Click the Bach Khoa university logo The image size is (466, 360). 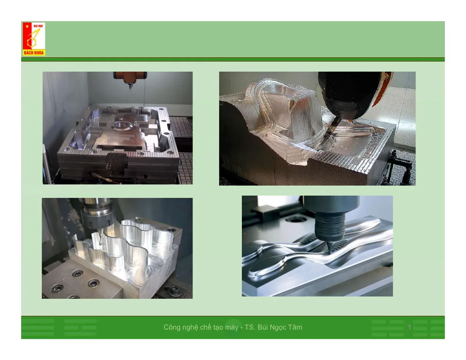click(34, 39)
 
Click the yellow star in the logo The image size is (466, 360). click(27, 26)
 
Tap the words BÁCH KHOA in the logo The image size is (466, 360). click(34, 53)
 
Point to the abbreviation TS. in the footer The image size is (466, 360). click(250, 327)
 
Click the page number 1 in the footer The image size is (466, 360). click(409, 327)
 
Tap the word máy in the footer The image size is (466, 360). click(231, 328)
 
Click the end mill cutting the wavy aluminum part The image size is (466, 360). click(101, 237)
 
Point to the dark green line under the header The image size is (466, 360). click(233, 59)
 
